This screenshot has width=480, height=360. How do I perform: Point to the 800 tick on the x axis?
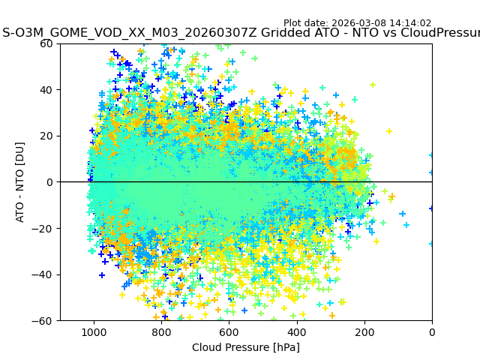pos(161,332)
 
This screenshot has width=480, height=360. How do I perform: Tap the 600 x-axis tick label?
pos(229,332)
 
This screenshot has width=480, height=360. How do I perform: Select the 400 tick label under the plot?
pos(296,332)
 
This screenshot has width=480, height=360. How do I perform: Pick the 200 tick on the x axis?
pos(364,332)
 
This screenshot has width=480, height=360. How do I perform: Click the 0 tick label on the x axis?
pos(432,332)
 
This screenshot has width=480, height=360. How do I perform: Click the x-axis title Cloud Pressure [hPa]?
pos(246,347)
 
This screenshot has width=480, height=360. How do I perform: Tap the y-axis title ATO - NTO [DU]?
pos(20,182)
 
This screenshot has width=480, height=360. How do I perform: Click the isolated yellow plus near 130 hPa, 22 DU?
pos(389,131)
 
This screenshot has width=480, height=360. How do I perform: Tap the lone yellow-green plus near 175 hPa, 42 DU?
pos(373,85)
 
